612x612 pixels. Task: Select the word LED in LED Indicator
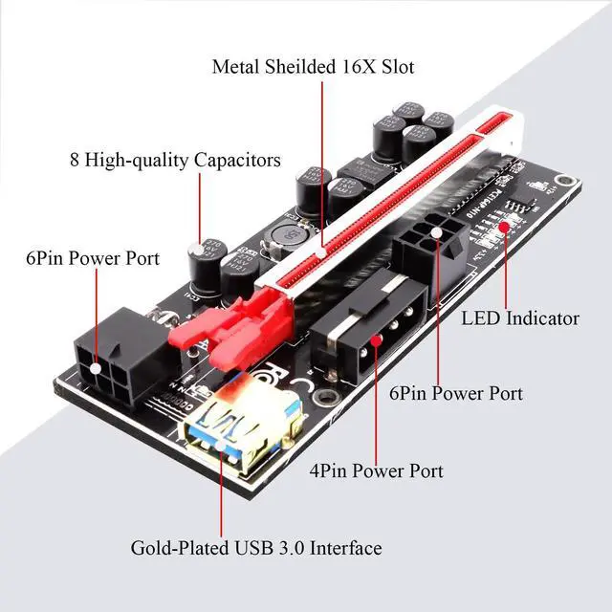click(481, 318)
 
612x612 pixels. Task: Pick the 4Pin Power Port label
click(376, 470)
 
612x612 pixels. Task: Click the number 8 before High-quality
click(75, 160)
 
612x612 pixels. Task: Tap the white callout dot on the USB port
click(222, 446)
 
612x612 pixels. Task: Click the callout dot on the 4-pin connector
click(377, 339)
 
